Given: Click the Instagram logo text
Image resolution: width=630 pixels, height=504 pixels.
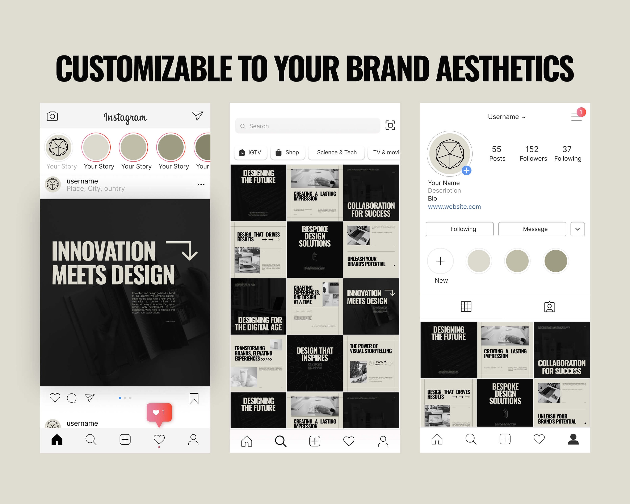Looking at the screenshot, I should [x=125, y=117].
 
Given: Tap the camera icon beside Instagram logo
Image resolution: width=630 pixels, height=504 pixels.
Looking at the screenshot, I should [x=52, y=116].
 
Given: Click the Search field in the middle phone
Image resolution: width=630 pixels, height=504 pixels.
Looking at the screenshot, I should [x=307, y=126].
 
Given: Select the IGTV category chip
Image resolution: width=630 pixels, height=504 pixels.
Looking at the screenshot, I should [x=250, y=152].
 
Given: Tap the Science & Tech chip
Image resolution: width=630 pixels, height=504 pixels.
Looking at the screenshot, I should [x=336, y=152].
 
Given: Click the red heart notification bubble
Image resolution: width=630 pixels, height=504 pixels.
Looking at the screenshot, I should [x=159, y=412].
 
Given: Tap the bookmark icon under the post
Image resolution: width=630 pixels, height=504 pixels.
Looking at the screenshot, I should [x=194, y=398].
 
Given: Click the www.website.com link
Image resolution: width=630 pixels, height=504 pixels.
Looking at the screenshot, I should [x=454, y=207].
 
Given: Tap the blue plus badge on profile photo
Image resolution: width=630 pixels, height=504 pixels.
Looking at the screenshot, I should [x=466, y=170].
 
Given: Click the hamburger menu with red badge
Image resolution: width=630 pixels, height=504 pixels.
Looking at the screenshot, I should [x=576, y=116].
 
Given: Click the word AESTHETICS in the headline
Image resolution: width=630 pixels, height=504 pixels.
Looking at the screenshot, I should [x=505, y=69].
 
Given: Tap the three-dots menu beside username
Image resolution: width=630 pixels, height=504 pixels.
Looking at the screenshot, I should [x=201, y=184].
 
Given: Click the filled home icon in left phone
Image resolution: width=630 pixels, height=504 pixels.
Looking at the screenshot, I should [x=57, y=439].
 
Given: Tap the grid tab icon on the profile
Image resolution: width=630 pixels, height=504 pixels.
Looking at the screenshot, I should [x=466, y=306].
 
